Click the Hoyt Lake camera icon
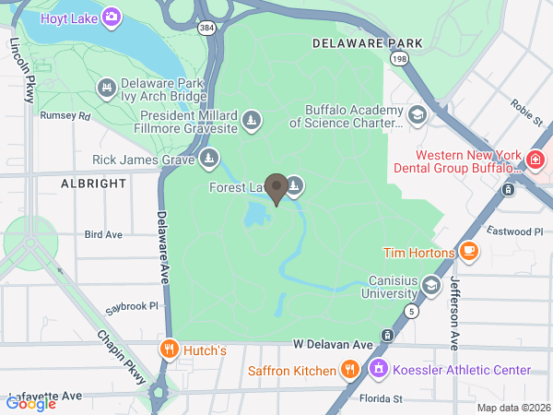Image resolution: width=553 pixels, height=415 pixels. (x=112, y=16)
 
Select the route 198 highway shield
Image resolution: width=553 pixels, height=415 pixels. (x=399, y=59)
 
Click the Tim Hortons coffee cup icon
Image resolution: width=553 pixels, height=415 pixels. (x=469, y=251)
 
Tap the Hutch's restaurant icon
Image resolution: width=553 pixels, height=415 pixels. (x=169, y=350)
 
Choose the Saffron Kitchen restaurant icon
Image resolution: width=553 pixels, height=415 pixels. (x=349, y=371)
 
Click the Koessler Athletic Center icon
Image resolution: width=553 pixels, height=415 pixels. (x=377, y=371)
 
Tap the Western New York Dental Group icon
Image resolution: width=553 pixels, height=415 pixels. (x=535, y=162)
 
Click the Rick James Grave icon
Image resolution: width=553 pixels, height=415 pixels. (x=210, y=160)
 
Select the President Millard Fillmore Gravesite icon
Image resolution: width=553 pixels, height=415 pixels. (x=251, y=121)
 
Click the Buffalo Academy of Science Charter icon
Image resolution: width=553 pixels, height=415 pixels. (x=417, y=114)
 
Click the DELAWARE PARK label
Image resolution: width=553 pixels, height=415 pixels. (x=367, y=43)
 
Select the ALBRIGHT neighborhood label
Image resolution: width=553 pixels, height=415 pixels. (x=93, y=184)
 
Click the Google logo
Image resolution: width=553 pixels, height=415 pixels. (x=31, y=402)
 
